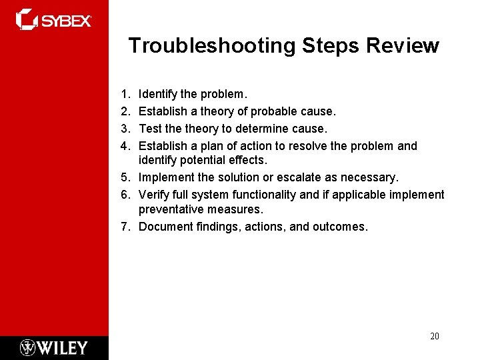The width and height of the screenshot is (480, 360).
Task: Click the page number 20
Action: coord(434,336)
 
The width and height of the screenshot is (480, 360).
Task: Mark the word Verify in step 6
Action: coord(153,194)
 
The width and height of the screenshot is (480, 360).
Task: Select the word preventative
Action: coord(170,210)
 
